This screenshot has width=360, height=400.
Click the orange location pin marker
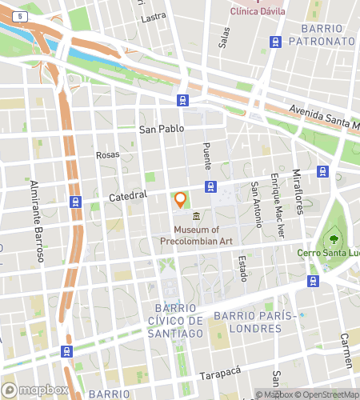pos(180,199)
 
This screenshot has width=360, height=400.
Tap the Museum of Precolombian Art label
pos(197,236)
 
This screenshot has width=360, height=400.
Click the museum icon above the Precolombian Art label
pos(197,216)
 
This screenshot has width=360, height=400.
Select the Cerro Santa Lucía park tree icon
pos(330,239)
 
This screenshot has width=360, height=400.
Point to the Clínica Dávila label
pos(258,11)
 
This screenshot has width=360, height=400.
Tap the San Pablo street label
pos(162,128)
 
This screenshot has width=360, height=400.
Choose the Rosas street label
pos(107,155)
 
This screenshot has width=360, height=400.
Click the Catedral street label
pos(129,194)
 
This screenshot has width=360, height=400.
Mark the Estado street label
pos(242,268)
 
